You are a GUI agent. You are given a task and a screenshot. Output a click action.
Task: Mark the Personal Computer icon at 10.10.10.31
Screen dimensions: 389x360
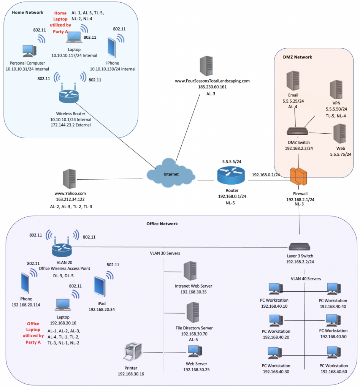tap(29, 52)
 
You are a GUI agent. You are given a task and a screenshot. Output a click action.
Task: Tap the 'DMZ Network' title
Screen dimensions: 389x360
tap(297, 57)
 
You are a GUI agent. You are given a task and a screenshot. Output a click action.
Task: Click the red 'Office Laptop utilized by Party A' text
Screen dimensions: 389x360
tap(33, 333)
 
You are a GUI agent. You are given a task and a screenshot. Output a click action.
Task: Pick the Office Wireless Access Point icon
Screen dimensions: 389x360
tap(62, 248)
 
